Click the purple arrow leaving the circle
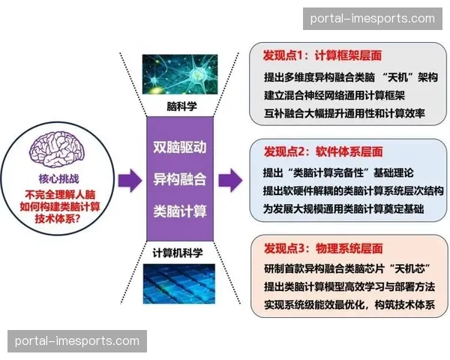(128, 180)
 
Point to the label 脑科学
(181, 106)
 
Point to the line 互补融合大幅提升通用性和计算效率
(344, 114)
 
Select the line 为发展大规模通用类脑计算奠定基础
(344, 210)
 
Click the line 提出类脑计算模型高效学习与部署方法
(349, 288)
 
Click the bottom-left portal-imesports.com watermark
(77, 341)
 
